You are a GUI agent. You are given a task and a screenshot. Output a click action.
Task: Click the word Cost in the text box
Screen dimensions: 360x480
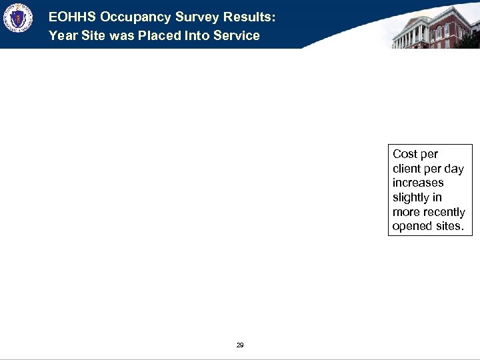click(x=406, y=154)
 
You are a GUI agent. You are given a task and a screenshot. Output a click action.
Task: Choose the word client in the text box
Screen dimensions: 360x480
click(x=408, y=169)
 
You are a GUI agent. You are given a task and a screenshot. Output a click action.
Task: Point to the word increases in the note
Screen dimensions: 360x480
click(x=418, y=183)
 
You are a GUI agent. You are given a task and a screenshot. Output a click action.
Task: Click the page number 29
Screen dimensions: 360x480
click(x=240, y=345)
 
